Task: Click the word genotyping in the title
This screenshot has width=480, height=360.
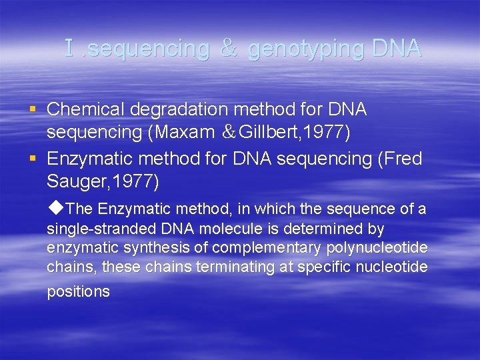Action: pyautogui.click(x=306, y=49)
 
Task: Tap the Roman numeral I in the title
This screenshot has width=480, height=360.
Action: pyautogui.click(x=69, y=48)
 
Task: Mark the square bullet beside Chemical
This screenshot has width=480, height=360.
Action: pyautogui.click(x=33, y=109)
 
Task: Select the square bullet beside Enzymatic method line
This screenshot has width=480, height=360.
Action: pyautogui.click(x=33, y=159)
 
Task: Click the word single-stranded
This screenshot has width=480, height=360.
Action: pyautogui.click(x=101, y=229)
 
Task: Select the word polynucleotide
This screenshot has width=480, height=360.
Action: pyautogui.click(x=377, y=249)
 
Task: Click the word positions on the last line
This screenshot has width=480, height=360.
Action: pyautogui.click(x=78, y=292)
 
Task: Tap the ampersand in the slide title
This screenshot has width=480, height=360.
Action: pyautogui.click(x=229, y=49)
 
